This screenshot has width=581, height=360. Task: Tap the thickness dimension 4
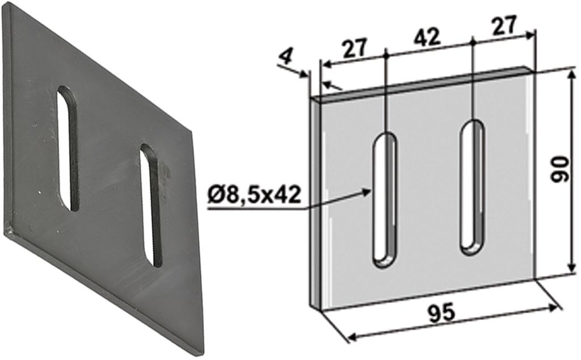(x=286, y=57)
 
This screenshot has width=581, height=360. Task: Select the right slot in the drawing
(x=472, y=187)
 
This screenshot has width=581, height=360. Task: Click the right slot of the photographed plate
(x=151, y=205)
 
